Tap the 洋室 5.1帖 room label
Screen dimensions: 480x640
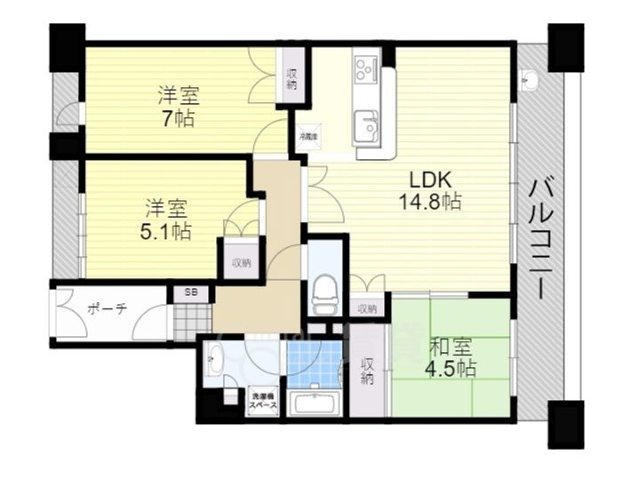[165, 220]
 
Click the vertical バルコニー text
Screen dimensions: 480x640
[543, 238]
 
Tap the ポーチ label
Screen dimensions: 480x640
[108, 308]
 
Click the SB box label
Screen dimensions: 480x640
[191, 292]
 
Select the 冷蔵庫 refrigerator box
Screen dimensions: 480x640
[308, 137]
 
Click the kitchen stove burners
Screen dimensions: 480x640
[366, 68]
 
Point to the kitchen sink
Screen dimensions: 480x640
[365, 127]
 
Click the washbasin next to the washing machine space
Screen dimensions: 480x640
[216, 365]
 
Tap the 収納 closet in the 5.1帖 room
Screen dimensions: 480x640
[241, 261]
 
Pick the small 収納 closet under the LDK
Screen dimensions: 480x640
[367, 308]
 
